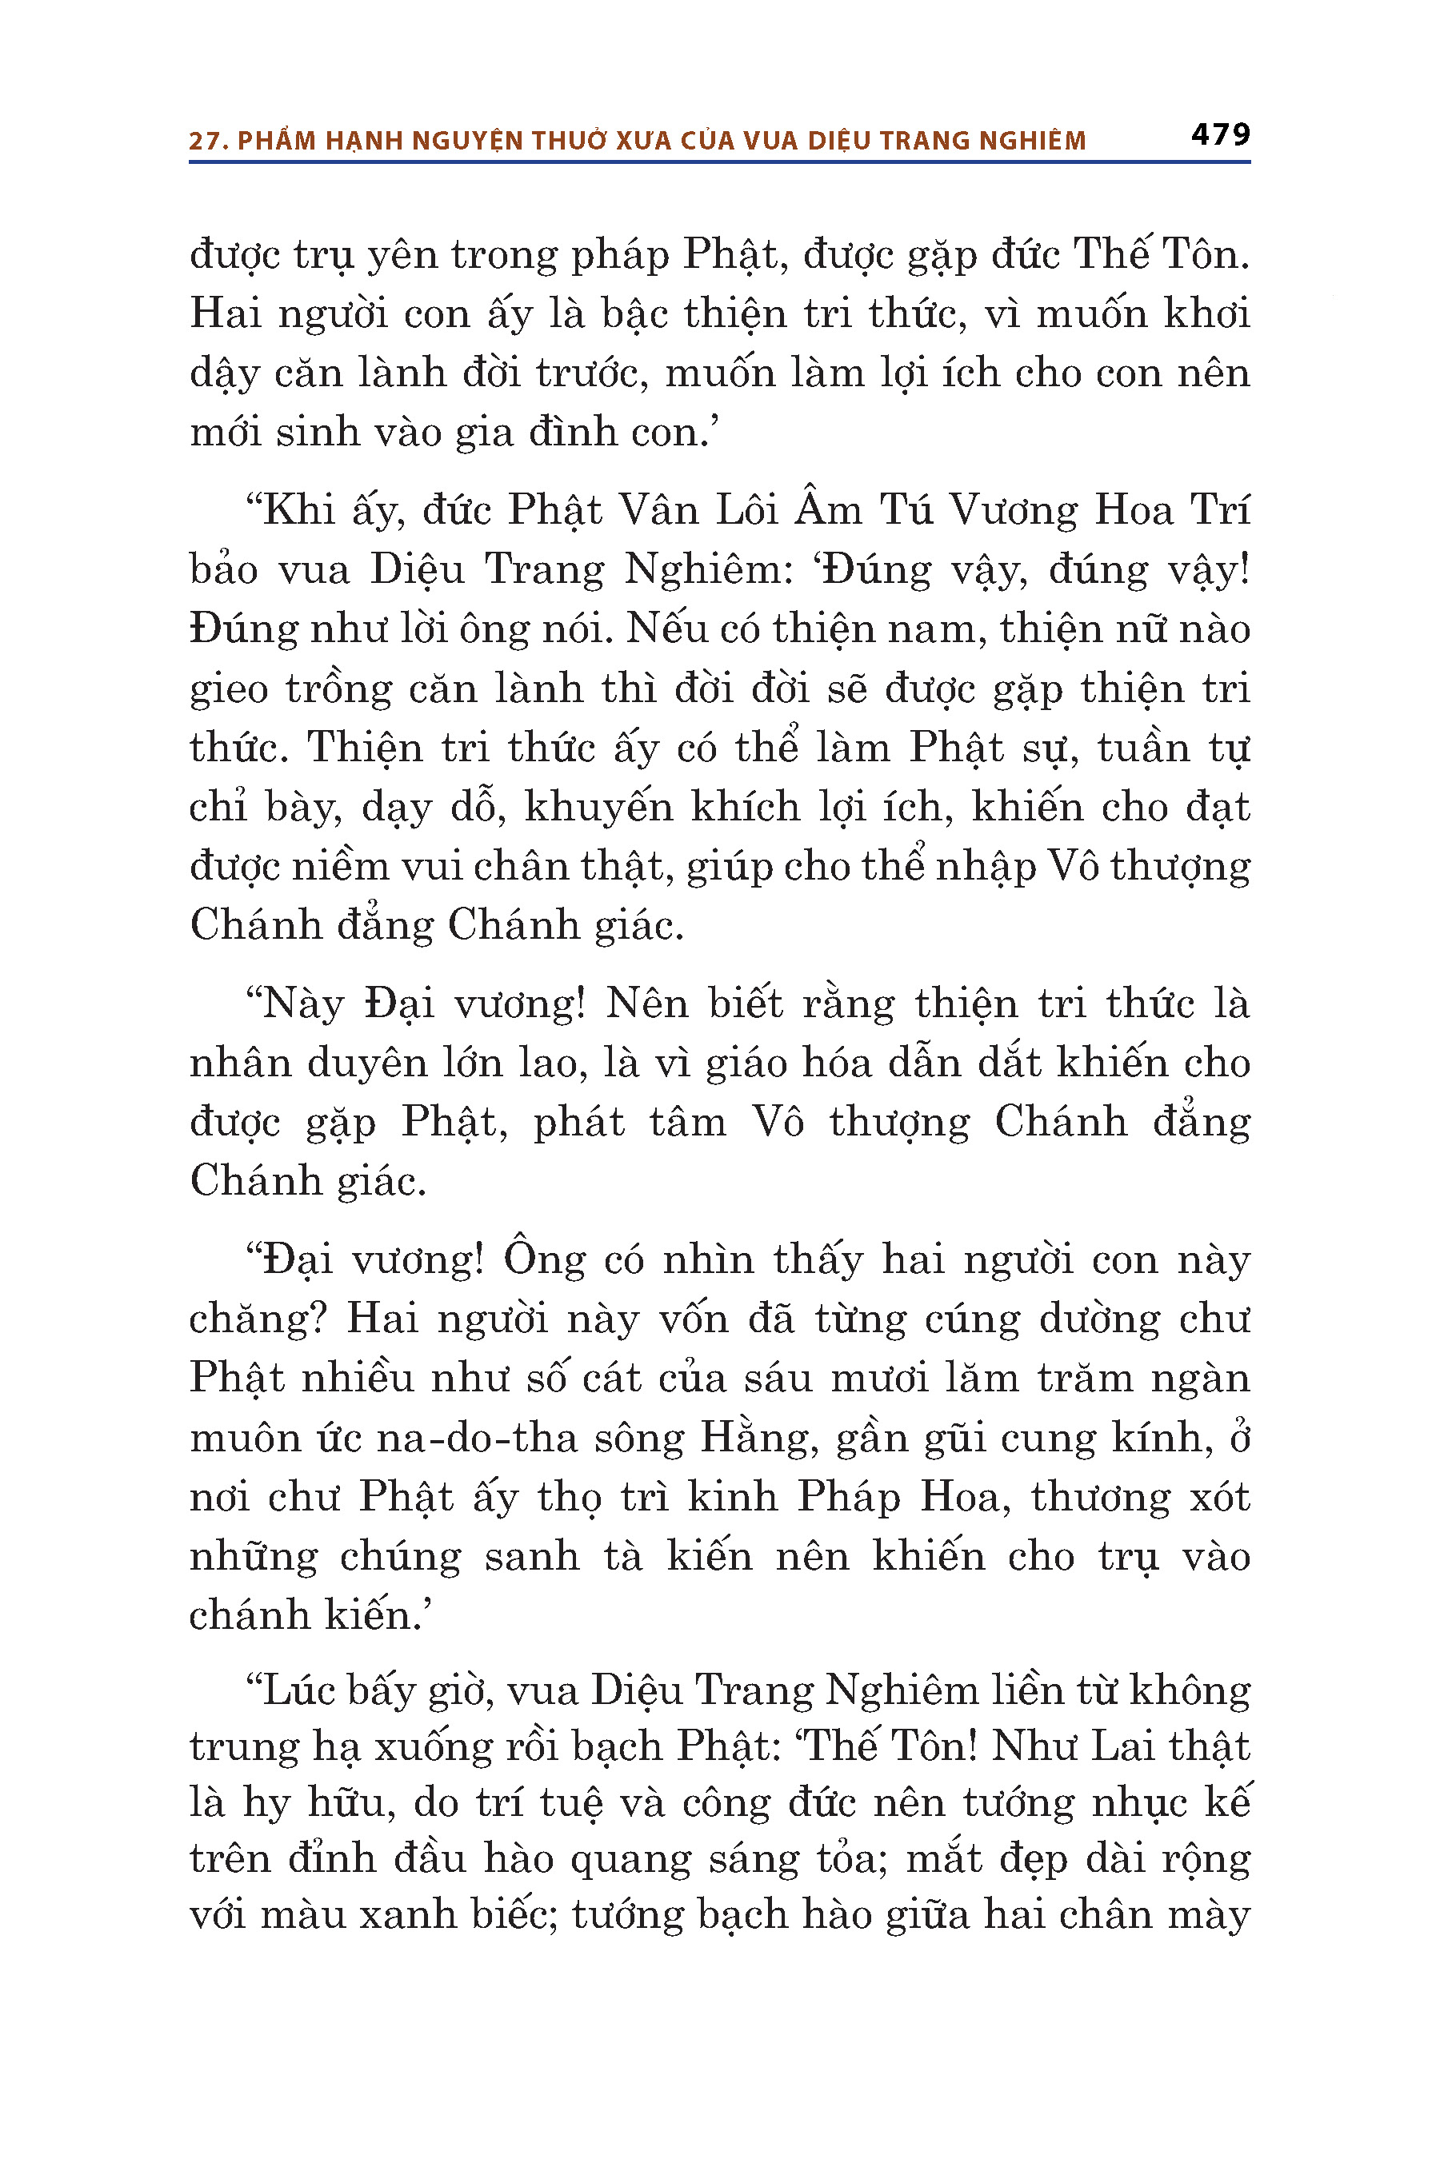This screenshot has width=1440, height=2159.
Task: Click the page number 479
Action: pos(1221,135)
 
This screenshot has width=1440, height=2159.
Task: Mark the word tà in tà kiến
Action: pos(623,1556)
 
